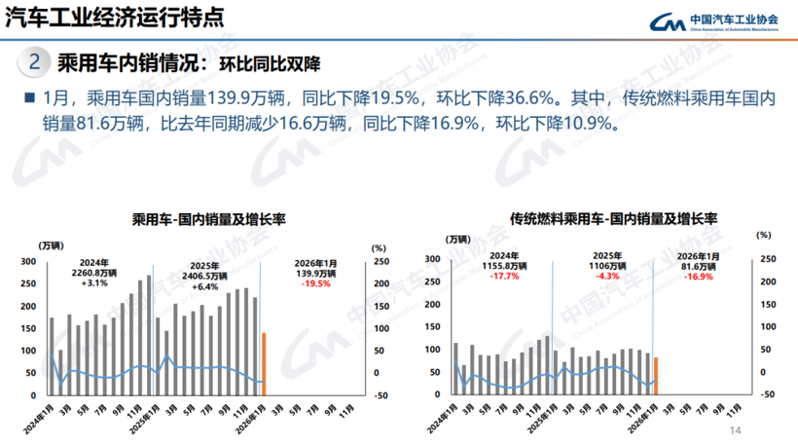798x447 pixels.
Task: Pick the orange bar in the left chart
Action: pyautogui.click(x=264, y=364)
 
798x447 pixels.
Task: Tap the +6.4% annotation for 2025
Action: pyautogui.click(x=204, y=286)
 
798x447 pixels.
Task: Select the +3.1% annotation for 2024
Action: pyautogui.click(x=93, y=283)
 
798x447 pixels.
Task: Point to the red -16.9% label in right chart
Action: pyautogui.click(x=697, y=277)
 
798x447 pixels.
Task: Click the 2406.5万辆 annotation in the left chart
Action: pyautogui.click(x=204, y=275)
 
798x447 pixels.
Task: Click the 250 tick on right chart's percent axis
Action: pyautogui.click(x=769, y=258)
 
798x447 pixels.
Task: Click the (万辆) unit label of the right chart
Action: pyautogui.click(x=459, y=240)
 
